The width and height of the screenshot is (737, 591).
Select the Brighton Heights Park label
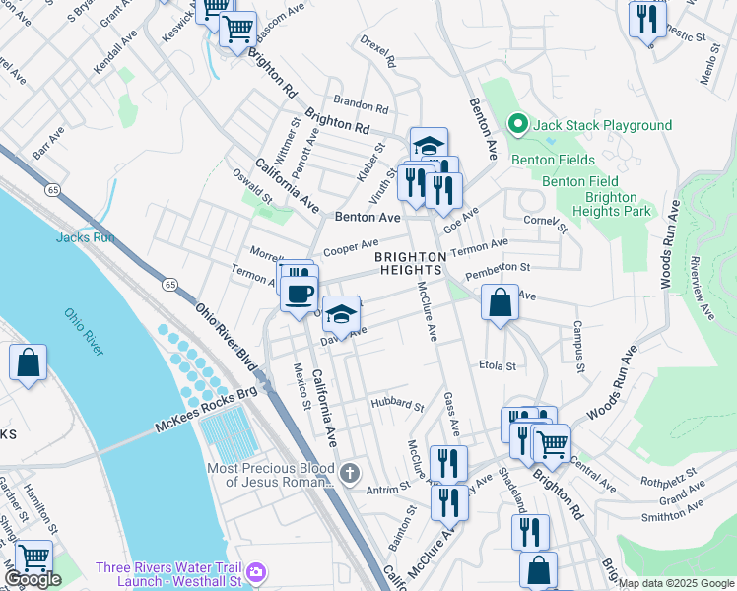tap(611, 204)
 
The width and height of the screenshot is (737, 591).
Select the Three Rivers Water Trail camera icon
tap(256, 570)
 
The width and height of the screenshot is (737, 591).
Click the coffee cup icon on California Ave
tap(300, 293)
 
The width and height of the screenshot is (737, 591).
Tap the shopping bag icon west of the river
tap(29, 361)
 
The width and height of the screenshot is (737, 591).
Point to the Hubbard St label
tap(397, 405)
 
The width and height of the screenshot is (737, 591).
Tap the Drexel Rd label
tap(377, 55)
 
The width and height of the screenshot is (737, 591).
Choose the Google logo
tap(33, 579)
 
